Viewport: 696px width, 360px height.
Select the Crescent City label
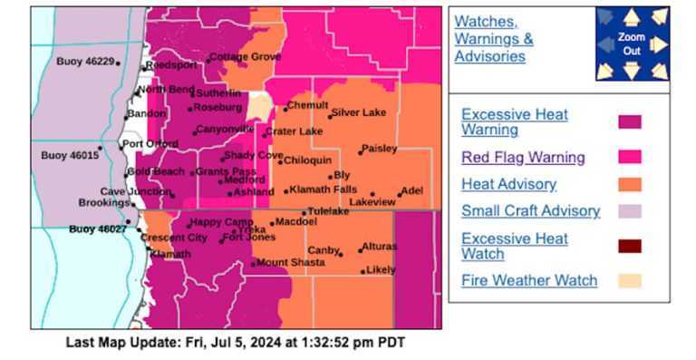click(175, 238)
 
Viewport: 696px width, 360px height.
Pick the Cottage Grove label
click(246, 56)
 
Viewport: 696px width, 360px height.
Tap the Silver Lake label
click(359, 113)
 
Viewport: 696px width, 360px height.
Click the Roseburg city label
click(217, 107)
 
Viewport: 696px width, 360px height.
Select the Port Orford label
click(151, 144)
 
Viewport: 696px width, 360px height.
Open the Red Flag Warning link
click(523, 157)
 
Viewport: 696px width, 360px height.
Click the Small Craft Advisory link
click(530, 210)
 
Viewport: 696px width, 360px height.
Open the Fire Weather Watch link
click(529, 279)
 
